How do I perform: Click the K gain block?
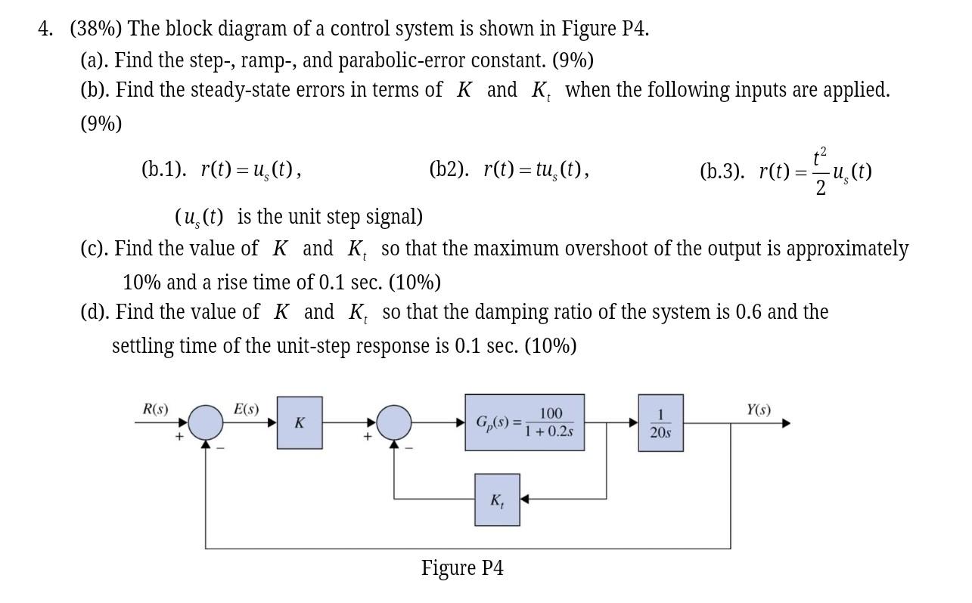(x=299, y=422)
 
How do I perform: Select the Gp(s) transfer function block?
(x=524, y=422)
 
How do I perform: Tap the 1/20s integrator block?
(x=660, y=423)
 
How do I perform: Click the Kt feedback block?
(x=497, y=499)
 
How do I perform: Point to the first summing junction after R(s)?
(x=206, y=422)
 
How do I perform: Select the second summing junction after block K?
(x=394, y=422)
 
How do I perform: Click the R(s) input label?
(x=155, y=409)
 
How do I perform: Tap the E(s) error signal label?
(x=246, y=409)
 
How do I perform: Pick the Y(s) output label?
(x=758, y=410)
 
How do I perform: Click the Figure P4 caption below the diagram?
(x=462, y=568)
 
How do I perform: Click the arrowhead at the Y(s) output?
(x=785, y=423)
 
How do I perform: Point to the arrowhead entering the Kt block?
(x=524, y=499)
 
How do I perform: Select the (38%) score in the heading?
(x=98, y=29)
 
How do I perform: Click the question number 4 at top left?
(x=45, y=29)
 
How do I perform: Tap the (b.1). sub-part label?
(x=163, y=169)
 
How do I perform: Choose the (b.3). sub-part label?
(x=722, y=171)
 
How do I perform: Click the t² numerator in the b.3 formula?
(x=820, y=157)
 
